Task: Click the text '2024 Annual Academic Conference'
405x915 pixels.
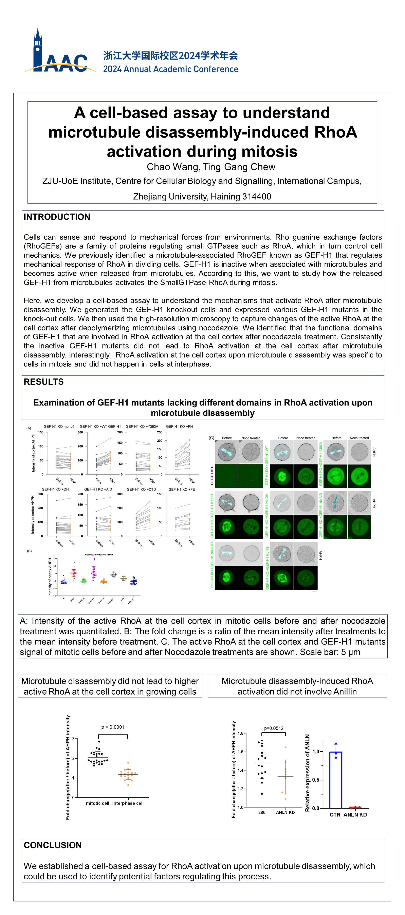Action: tap(170, 69)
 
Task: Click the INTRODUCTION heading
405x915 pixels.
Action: tap(57, 217)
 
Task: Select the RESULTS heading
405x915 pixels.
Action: tap(44, 382)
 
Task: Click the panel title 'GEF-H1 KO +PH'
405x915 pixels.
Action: tap(179, 426)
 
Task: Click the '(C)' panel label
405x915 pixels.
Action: tap(211, 438)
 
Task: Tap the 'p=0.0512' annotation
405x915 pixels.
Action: tap(273, 726)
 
